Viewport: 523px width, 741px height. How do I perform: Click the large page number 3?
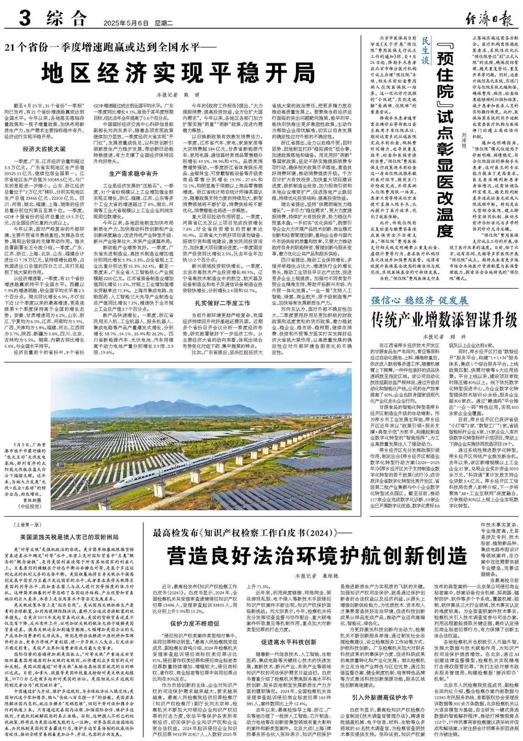click(x=24, y=20)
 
